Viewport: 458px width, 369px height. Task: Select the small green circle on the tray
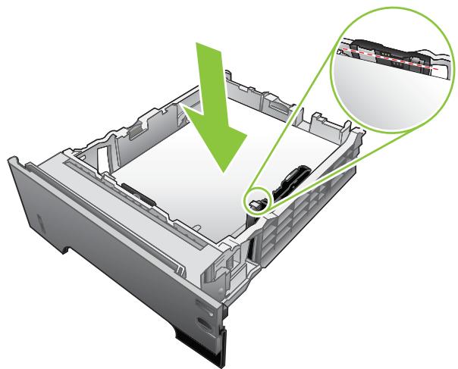coord(258,201)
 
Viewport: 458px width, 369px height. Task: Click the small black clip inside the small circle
coord(257,202)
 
